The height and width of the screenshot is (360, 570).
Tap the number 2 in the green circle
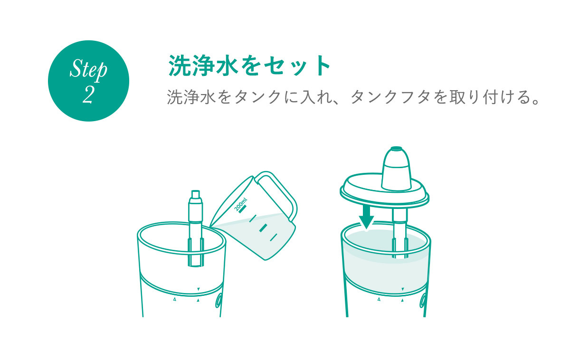[88, 95]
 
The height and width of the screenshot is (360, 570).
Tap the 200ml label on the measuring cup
[240, 204]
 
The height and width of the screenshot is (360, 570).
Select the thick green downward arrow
[366, 218]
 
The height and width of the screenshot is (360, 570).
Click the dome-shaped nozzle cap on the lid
[396, 169]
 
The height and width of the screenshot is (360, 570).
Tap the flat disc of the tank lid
[384, 191]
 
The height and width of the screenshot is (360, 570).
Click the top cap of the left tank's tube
[195, 194]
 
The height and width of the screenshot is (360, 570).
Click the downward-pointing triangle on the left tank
[199, 289]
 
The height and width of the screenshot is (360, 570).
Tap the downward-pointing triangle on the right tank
[403, 289]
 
